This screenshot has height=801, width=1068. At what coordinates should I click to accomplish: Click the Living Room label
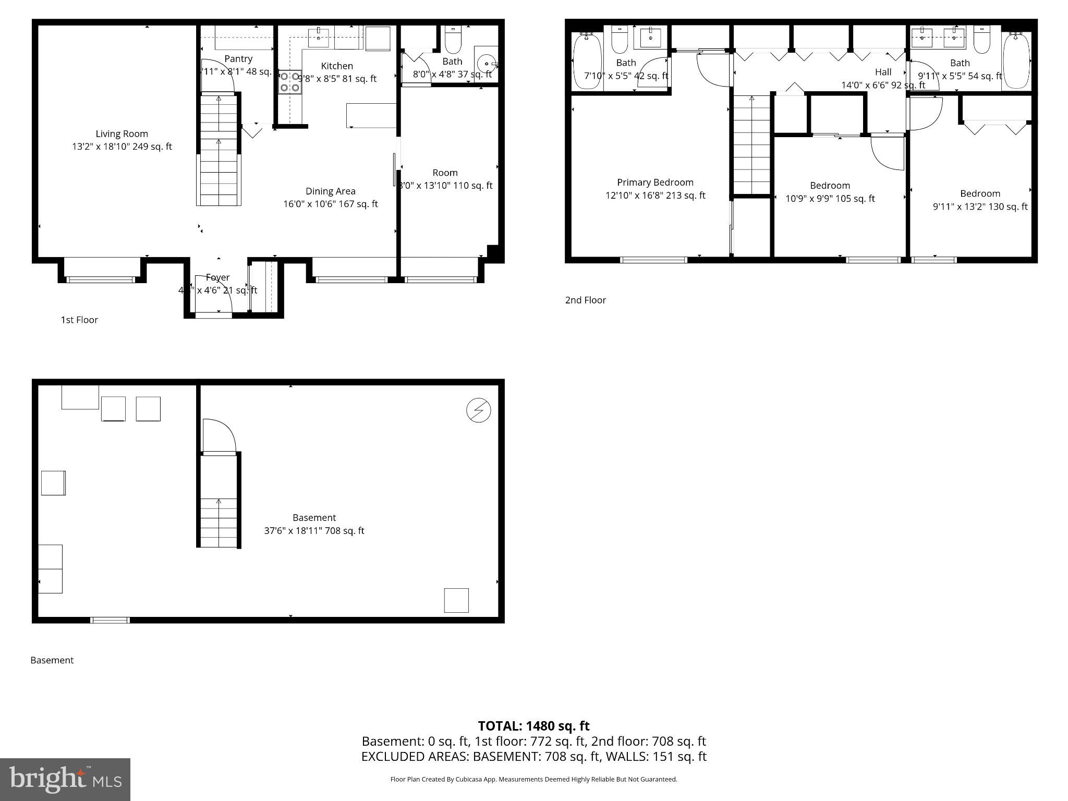[x=122, y=134]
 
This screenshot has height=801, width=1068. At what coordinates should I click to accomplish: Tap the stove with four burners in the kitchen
[x=290, y=82]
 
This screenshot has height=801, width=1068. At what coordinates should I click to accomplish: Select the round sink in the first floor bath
[x=487, y=64]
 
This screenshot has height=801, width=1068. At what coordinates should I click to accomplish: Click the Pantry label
[x=238, y=59]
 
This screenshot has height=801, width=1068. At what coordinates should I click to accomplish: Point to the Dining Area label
[x=330, y=191]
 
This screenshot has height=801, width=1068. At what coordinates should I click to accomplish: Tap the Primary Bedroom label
[x=655, y=183]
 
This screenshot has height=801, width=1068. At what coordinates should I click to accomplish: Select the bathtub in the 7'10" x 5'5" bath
[x=587, y=61]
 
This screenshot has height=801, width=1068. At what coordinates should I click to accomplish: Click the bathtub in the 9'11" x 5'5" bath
[x=1016, y=61]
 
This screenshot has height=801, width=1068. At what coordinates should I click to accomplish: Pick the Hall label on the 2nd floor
[x=883, y=72]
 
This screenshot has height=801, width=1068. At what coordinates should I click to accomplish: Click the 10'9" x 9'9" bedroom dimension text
[x=830, y=199]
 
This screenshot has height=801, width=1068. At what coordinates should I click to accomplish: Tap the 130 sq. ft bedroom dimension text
[x=980, y=207]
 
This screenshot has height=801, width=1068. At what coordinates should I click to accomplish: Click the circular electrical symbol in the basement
[x=478, y=410]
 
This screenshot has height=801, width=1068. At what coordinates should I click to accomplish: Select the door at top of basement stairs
[x=218, y=436]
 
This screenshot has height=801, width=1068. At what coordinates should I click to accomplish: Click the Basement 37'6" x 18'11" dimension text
[x=314, y=531]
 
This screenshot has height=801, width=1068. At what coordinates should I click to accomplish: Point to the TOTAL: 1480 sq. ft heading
[x=533, y=726]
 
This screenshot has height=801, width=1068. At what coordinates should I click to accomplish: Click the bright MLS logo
[x=65, y=779]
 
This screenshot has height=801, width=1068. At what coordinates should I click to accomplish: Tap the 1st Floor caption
[x=79, y=320]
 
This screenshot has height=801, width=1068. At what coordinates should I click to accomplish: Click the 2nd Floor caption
[x=585, y=300]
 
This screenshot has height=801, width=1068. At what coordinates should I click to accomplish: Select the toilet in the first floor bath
[x=453, y=41]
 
